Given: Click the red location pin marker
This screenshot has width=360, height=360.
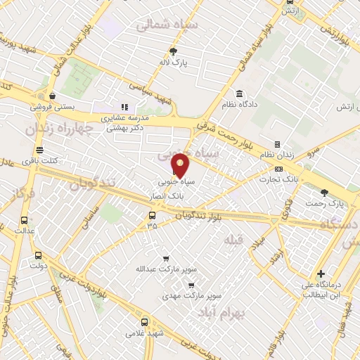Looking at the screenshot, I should point(181,165).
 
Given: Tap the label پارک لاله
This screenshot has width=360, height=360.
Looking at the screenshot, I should point(174,62).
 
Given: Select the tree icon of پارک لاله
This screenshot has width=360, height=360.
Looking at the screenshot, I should point(174,51).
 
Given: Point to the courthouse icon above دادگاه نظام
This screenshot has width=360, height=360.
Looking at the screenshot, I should point(239,94).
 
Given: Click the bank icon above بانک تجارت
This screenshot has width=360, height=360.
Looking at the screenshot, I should point(279,169).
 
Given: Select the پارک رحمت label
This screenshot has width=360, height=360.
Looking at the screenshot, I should point(324,203).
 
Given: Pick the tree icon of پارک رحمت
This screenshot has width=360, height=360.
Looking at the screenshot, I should point(324,192).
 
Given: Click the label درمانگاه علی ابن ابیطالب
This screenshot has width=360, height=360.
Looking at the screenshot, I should point(321,290).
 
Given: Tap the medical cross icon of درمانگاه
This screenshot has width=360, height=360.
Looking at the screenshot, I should point(321,274).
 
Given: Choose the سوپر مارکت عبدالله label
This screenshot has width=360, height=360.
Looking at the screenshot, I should point(166,269).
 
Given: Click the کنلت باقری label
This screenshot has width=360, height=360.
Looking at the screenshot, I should point(39,162).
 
